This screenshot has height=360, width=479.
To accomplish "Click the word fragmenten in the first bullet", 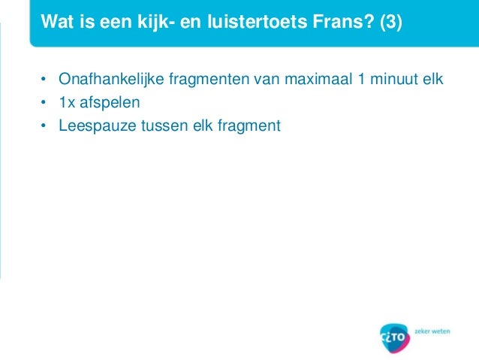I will click(x=205, y=79).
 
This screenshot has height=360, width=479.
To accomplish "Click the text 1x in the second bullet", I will click(x=68, y=102).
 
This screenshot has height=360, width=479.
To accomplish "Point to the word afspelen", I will click(x=110, y=102).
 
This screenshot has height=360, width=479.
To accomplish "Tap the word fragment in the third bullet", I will click(x=248, y=126).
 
